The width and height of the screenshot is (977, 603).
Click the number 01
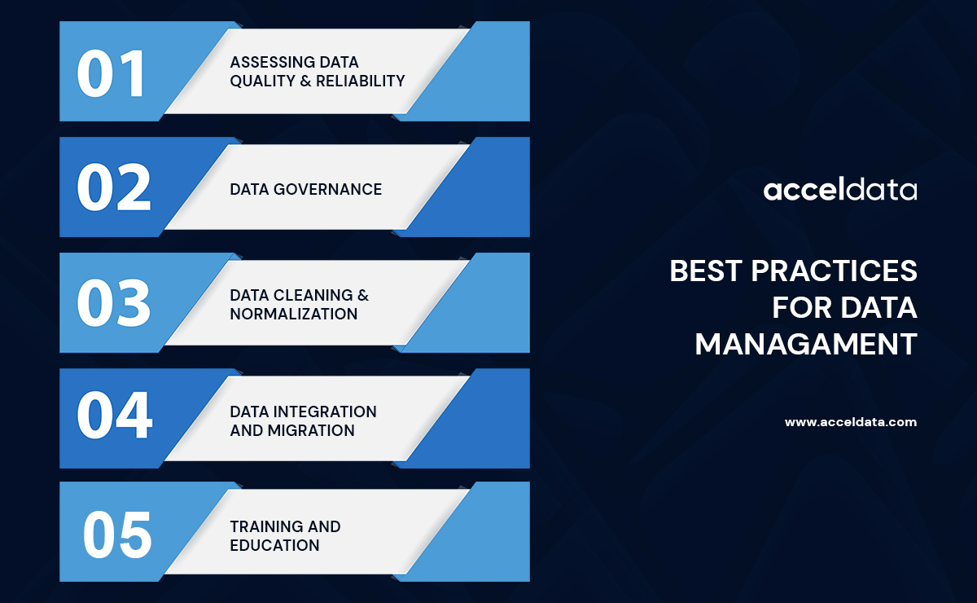[111, 73]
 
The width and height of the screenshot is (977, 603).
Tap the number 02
[113, 188]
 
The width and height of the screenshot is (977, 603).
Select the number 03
[113, 303]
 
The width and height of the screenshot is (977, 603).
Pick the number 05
[117, 535]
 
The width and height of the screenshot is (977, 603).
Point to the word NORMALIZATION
[293, 314]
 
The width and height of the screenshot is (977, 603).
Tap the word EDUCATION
[274, 545]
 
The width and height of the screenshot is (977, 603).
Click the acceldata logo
[839, 191]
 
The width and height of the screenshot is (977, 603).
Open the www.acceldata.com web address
[850, 422]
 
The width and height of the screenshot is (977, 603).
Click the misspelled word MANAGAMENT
[805, 344]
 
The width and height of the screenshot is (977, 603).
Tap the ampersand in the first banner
[292, 81]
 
